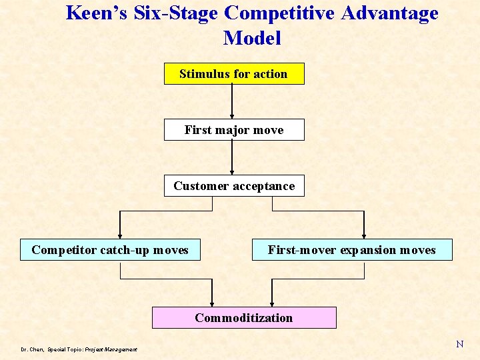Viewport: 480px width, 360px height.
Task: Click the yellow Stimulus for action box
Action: (x=234, y=74)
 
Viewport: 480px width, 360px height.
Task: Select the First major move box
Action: (x=234, y=130)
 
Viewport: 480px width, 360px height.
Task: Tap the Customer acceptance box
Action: (x=234, y=186)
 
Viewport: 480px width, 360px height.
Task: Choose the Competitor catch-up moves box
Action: (x=110, y=250)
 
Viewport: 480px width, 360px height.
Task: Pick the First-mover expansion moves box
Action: (x=351, y=250)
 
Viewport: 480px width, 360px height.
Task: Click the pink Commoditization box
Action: (x=243, y=318)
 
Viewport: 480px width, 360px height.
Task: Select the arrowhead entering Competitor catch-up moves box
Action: (x=121, y=234)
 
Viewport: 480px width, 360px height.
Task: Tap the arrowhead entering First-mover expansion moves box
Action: (x=364, y=234)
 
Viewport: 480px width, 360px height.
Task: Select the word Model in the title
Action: (x=252, y=38)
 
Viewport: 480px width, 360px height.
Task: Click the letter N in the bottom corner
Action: (x=459, y=344)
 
